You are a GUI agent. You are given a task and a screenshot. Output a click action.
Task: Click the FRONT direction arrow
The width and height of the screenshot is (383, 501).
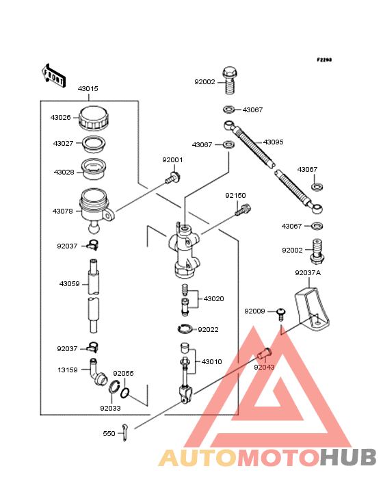(53, 75)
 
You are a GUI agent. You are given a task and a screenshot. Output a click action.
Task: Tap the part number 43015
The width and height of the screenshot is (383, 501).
(88, 89)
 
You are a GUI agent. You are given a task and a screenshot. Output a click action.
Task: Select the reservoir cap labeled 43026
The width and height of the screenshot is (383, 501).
(94, 118)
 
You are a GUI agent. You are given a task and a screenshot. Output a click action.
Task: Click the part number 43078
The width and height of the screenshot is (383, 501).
(62, 211)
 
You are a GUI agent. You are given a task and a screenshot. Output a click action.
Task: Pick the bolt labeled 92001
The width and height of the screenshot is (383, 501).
(172, 178)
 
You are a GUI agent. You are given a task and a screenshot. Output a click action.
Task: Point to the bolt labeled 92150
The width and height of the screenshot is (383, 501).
(243, 210)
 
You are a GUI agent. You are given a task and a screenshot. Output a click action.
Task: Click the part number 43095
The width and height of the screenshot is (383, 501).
(273, 142)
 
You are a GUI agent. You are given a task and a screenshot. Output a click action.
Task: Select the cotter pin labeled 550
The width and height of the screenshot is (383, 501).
(124, 433)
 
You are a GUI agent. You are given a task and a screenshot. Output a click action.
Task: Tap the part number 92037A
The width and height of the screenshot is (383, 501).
(308, 273)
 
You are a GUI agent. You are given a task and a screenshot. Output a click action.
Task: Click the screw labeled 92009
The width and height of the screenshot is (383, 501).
(281, 314)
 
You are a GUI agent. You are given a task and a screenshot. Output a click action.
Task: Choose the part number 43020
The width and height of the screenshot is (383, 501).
(214, 299)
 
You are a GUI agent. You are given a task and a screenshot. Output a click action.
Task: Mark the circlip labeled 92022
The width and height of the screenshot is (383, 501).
(185, 329)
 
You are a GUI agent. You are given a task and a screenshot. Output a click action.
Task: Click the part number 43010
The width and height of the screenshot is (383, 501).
(211, 361)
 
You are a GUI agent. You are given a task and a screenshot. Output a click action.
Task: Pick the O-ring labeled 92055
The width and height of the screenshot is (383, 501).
(125, 393)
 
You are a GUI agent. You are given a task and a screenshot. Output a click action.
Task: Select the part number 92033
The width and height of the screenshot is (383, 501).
(110, 409)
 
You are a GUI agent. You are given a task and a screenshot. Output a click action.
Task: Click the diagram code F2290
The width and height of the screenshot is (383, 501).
(324, 60)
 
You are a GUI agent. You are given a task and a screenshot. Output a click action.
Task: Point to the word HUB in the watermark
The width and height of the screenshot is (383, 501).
(349, 457)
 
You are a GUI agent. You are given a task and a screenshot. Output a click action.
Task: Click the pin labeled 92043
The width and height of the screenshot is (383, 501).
(264, 354)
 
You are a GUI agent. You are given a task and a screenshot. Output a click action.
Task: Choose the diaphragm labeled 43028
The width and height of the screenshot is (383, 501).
(93, 169)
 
